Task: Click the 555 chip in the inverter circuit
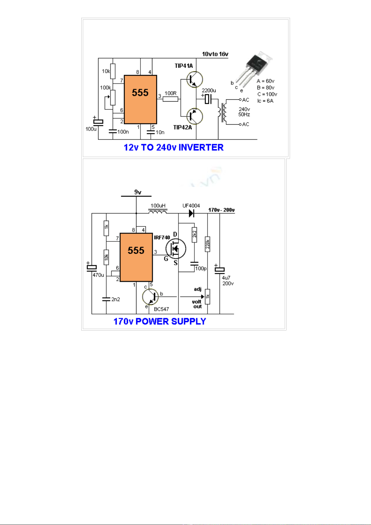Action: pos(140,99)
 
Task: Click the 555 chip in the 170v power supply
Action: pos(136,257)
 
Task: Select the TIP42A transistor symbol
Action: pos(194,116)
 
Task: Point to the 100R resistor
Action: pos(170,99)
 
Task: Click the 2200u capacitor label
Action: pos(209,91)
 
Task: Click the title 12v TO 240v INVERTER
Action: pos(174,147)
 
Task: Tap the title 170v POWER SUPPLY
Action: pos(159,321)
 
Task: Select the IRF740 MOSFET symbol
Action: pos(176,249)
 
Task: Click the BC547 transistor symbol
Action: pos(150,297)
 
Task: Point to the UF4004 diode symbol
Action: pos(192,213)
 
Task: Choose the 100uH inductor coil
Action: pos(158,212)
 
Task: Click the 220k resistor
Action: pos(207,244)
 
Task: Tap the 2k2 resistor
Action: pos(194,234)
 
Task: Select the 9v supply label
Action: pos(138,192)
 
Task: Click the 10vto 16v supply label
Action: pos(215,54)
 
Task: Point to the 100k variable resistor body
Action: pos(113,98)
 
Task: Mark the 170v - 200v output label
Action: pos(221,210)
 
